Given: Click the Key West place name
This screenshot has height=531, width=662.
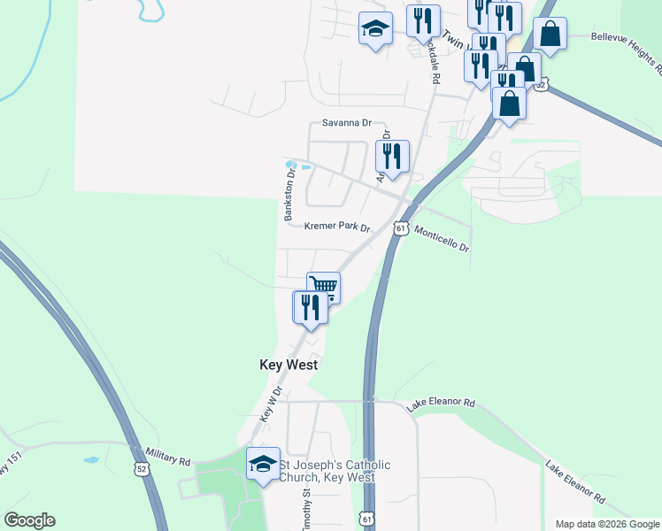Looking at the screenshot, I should point(288,365).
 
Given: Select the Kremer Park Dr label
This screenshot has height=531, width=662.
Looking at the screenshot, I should point(336,227).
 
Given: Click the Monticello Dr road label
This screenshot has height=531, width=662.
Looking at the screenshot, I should point(441,239).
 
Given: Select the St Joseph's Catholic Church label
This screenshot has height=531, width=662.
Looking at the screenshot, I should point(335,471).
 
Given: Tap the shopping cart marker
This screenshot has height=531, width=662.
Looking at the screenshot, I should point(324,287).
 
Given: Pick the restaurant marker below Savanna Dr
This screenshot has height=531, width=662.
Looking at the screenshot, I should point(391,156).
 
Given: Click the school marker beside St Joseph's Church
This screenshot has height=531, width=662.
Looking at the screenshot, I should point(263,463).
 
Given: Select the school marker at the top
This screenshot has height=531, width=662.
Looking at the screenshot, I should point(375,29).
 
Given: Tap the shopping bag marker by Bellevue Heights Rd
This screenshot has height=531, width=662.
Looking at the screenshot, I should point(550,35).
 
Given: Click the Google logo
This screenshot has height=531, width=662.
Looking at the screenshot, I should point(29,520).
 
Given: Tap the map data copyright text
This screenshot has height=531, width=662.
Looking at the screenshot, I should point(606,524).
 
